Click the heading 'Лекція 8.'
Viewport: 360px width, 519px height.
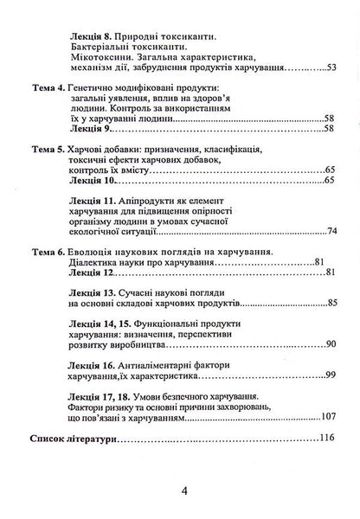(93, 37)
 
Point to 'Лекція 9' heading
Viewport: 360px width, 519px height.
(90, 128)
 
